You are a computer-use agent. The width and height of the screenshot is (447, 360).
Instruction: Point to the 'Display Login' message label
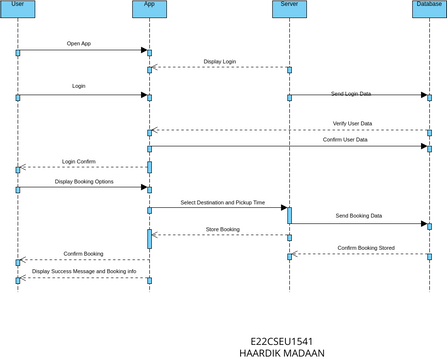[220, 62]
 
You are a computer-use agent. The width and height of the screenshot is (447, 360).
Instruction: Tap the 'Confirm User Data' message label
[344, 140]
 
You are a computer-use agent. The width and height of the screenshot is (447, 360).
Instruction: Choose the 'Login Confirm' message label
[80, 161]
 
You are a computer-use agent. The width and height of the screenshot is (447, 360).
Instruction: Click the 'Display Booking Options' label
[84, 182]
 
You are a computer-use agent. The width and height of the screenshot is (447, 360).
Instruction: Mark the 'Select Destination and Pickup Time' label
[222, 202]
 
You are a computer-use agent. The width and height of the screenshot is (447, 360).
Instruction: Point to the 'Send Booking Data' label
[359, 216]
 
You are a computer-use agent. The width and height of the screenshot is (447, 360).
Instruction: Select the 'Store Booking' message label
[222, 230]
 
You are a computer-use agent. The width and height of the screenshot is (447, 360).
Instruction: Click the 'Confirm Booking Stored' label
[365, 247]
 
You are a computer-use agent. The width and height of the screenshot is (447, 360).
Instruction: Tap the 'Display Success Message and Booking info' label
[83, 271]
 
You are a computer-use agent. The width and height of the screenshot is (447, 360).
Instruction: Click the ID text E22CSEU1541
[282, 340]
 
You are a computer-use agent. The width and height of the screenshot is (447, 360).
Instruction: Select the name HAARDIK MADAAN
[282, 353]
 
